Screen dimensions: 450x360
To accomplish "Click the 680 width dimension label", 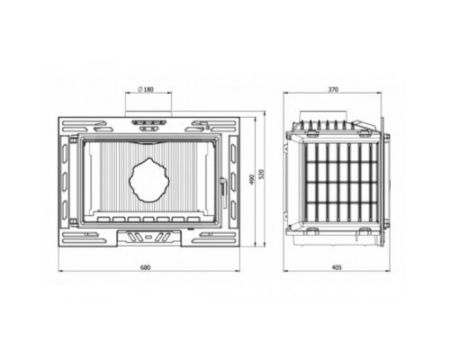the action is click(145, 267).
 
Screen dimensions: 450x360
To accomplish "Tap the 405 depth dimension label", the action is click(337, 267).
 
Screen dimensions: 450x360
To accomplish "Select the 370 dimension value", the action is click(333, 89).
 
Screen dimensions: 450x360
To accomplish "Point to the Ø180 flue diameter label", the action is click(146, 89).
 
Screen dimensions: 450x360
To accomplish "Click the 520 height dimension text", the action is click(261, 174).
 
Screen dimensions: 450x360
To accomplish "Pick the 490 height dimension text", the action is click(252, 179).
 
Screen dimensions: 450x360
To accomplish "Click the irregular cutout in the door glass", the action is click(149, 180).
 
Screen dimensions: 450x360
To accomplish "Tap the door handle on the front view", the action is click(223, 186).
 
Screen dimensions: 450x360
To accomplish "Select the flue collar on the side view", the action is click(324, 115).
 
